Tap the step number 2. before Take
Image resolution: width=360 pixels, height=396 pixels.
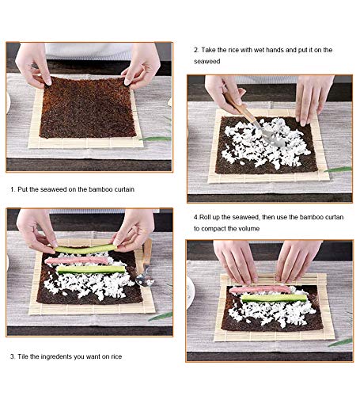(x=196, y=50)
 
